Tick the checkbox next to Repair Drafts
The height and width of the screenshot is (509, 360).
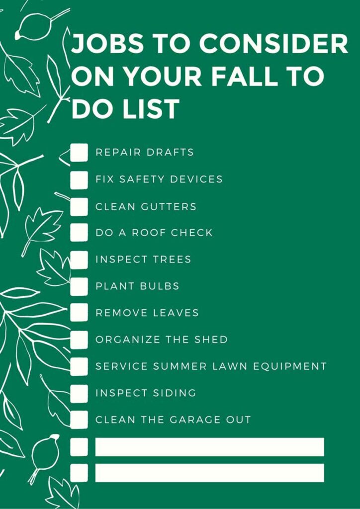coord(79,153)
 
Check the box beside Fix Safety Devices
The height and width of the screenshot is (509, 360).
coord(79,179)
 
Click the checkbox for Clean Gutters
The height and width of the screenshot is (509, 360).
coord(79,206)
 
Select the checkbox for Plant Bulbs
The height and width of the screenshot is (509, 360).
coord(79,286)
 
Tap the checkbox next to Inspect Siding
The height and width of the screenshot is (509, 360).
coord(79,393)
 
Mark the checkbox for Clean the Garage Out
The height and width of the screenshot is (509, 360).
coord(79,420)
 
